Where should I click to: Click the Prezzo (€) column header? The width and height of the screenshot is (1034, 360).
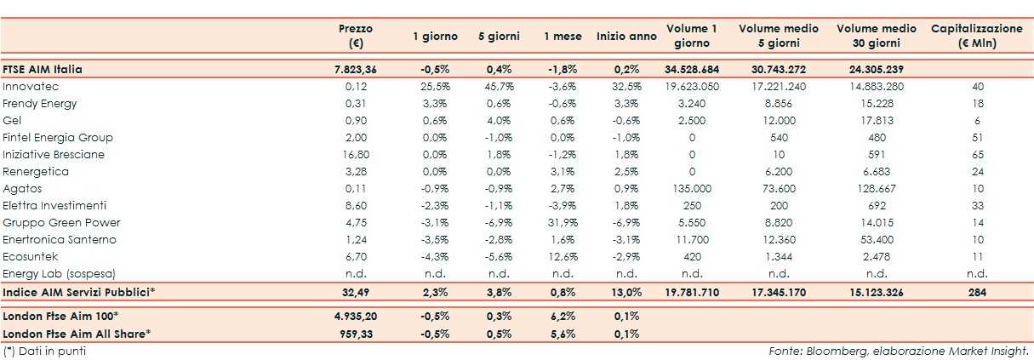pyautogui.click(x=356, y=36)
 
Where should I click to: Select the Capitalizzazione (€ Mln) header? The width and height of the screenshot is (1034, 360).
pyautogui.click(x=976, y=36)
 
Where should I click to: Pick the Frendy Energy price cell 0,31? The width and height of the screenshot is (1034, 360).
pyautogui.click(x=356, y=103)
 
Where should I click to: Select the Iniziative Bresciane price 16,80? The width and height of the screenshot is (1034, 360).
pyautogui.click(x=356, y=154)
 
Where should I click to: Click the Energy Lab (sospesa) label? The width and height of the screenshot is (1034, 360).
pyautogui.click(x=58, y=274)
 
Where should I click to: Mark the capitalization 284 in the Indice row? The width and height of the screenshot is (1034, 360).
pyautogui.click(x=976, y=292)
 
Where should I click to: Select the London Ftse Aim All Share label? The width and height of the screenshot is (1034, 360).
pyautogui.click(x=77, y=333)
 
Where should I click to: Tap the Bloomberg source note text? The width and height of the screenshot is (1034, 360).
pyautogui.click(x=899, y=350)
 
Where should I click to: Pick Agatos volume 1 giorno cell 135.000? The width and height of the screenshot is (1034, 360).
pyautogui.click(x=692, y=188)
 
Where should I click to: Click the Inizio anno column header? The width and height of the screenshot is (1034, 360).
pyautogui.click(x=626, y=37)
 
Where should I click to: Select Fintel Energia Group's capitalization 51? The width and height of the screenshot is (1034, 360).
pyautogui.click(x=976, y=137)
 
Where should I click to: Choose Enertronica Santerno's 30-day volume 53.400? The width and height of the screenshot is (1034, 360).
pyautogui.click(x=876, y=240)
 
